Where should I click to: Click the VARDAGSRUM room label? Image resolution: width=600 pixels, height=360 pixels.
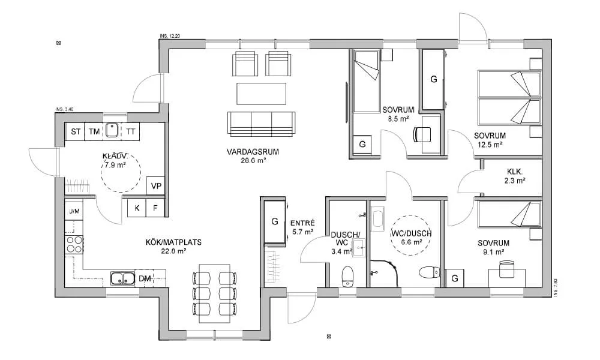click(253, 152)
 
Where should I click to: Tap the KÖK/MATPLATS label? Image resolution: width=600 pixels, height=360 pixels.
click(173, 242)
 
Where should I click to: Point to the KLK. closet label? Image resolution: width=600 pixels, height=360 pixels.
click(515, 172)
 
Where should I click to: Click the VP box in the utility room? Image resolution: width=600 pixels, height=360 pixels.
click(156, 186)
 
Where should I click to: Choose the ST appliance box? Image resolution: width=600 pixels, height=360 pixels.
click(76, 131)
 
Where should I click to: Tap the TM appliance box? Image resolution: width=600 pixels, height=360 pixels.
click(94, 131)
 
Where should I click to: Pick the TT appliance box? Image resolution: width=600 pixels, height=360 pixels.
click(130, 131)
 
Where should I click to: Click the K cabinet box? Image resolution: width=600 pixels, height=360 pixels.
click(137, 208)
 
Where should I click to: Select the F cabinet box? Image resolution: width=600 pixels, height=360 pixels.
click(155, 208)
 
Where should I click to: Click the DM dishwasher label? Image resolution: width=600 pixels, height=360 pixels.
click(145, 278)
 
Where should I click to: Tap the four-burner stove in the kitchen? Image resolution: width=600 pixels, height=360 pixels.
click(74, 245)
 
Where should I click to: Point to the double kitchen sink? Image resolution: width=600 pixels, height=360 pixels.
click(123, 278)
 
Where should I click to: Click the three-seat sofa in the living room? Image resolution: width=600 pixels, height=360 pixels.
click(262, 123)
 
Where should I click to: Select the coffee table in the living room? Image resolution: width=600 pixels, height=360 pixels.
click(262, 94)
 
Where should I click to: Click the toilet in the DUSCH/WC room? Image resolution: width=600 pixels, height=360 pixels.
click(347, 276)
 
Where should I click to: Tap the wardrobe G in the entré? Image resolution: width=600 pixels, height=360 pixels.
click(275, 221)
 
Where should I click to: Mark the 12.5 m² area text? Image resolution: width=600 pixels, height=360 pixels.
click(490, 145)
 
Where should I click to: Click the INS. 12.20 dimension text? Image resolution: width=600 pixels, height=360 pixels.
click(170, 36)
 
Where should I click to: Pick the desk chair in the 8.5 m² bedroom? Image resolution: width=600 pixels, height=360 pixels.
click(422, 134)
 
